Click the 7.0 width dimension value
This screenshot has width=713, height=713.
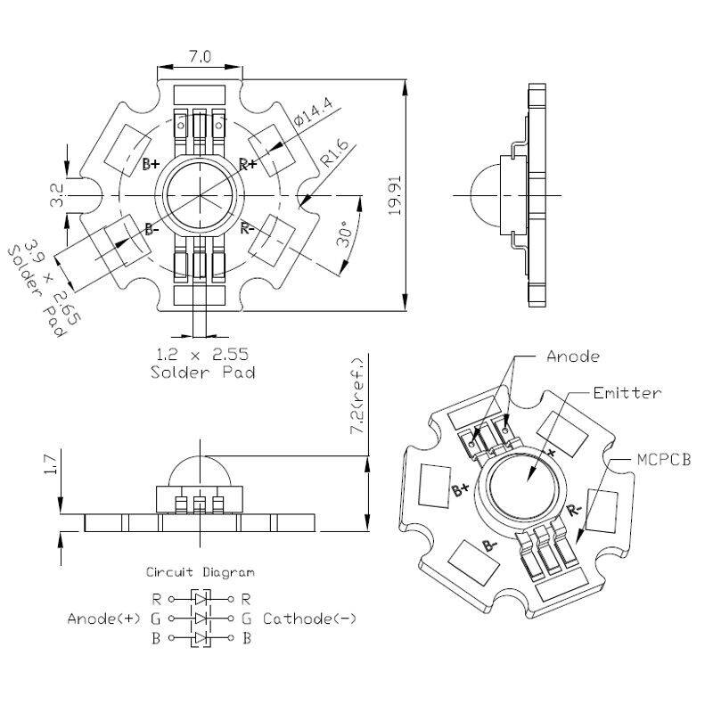tap(199, 57)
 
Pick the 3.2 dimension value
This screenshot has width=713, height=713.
tap(56, 195)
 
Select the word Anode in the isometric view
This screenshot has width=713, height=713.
tap(572, 356)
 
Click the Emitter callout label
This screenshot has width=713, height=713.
tap(627, 392)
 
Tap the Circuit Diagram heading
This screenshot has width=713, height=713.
tap(200, 572)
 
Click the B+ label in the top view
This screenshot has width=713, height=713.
tap(151, 164)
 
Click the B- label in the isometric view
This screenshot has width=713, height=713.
tap(488, 545)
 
